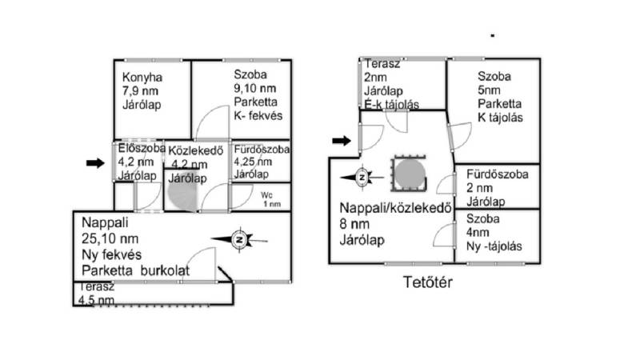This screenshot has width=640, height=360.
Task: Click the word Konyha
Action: point(142,78)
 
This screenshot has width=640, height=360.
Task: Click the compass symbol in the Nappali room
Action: point(240,238)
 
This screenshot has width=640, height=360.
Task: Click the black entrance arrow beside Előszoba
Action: point(94,163)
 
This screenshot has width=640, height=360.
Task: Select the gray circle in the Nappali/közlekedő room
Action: point(408,173)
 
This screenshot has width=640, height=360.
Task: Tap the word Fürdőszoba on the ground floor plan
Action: point(262,149)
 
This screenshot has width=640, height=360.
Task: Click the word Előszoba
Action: point(141,148)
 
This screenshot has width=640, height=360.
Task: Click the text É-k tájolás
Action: point(392,103)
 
